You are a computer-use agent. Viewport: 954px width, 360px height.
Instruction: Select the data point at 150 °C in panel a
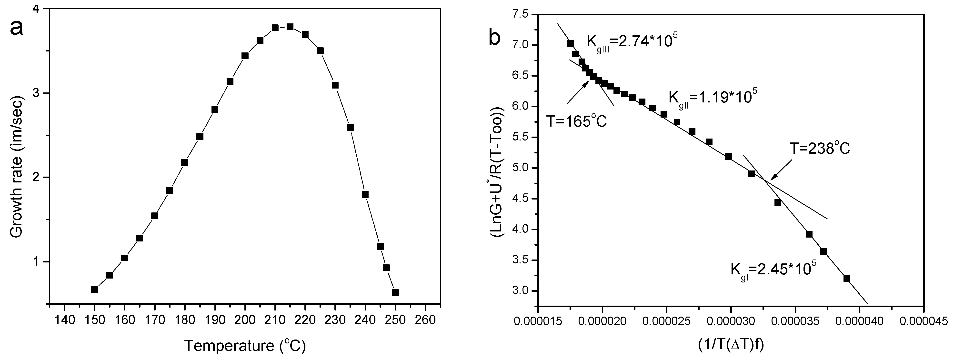click(x=94, y=289)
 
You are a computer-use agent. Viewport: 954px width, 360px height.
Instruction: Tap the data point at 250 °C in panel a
click(x=395, y=293)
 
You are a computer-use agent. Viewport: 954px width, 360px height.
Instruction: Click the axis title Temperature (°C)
click(x=245, y=346)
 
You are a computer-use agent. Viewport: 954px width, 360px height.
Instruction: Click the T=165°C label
click(x=577, y=120)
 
